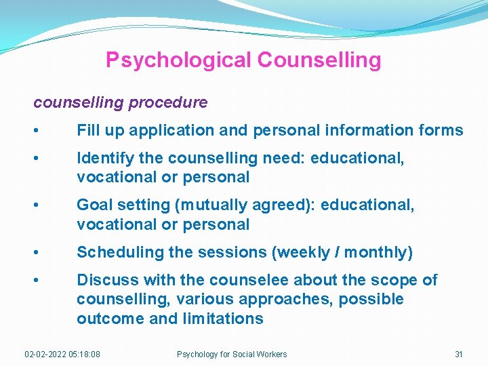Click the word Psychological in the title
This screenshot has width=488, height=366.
tap(178, 60)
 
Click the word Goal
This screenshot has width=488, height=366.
tap(94, 205)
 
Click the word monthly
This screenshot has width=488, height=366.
tap(381, 253)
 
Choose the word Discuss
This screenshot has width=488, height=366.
tap(104, 281)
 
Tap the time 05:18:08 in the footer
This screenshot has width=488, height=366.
tap(85, 354)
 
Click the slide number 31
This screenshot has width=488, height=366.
tap(459, 354)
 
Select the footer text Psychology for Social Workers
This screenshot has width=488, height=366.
tap(232, 354)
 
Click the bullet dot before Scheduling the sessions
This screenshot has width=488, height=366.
tap(43, 253)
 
